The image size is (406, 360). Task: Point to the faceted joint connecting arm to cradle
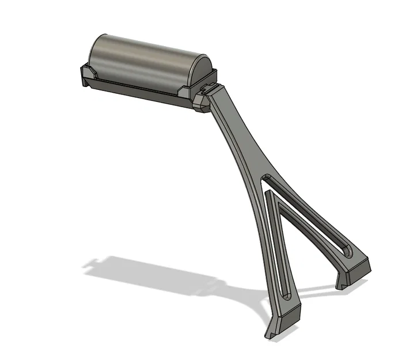point(202,103)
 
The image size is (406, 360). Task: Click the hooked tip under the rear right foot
point(340,283)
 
